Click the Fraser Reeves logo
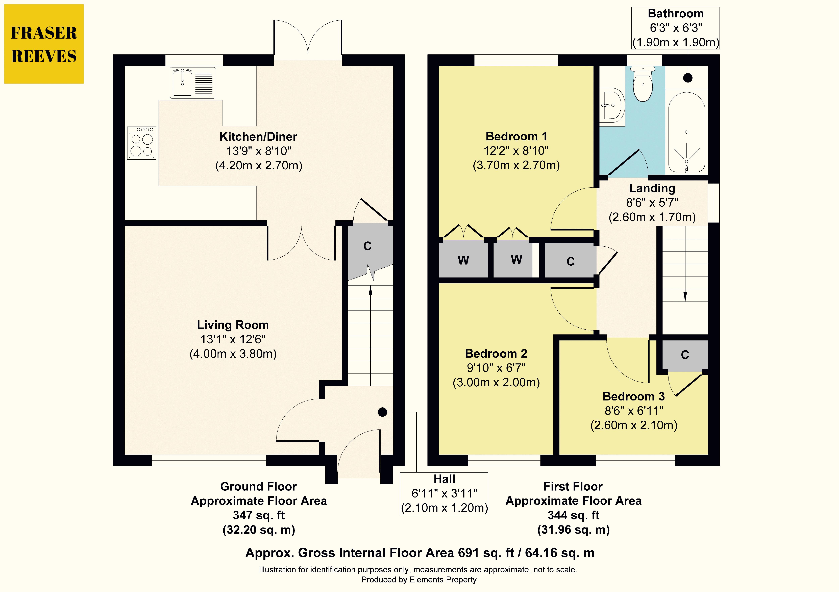[x=44, y=44]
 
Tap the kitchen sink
[x=193, y=82]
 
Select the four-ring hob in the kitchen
[x=142, y=143]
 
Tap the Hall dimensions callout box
[x=444, y=493]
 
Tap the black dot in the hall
[x=382, y=412]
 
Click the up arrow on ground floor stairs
[x=371, y=336]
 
